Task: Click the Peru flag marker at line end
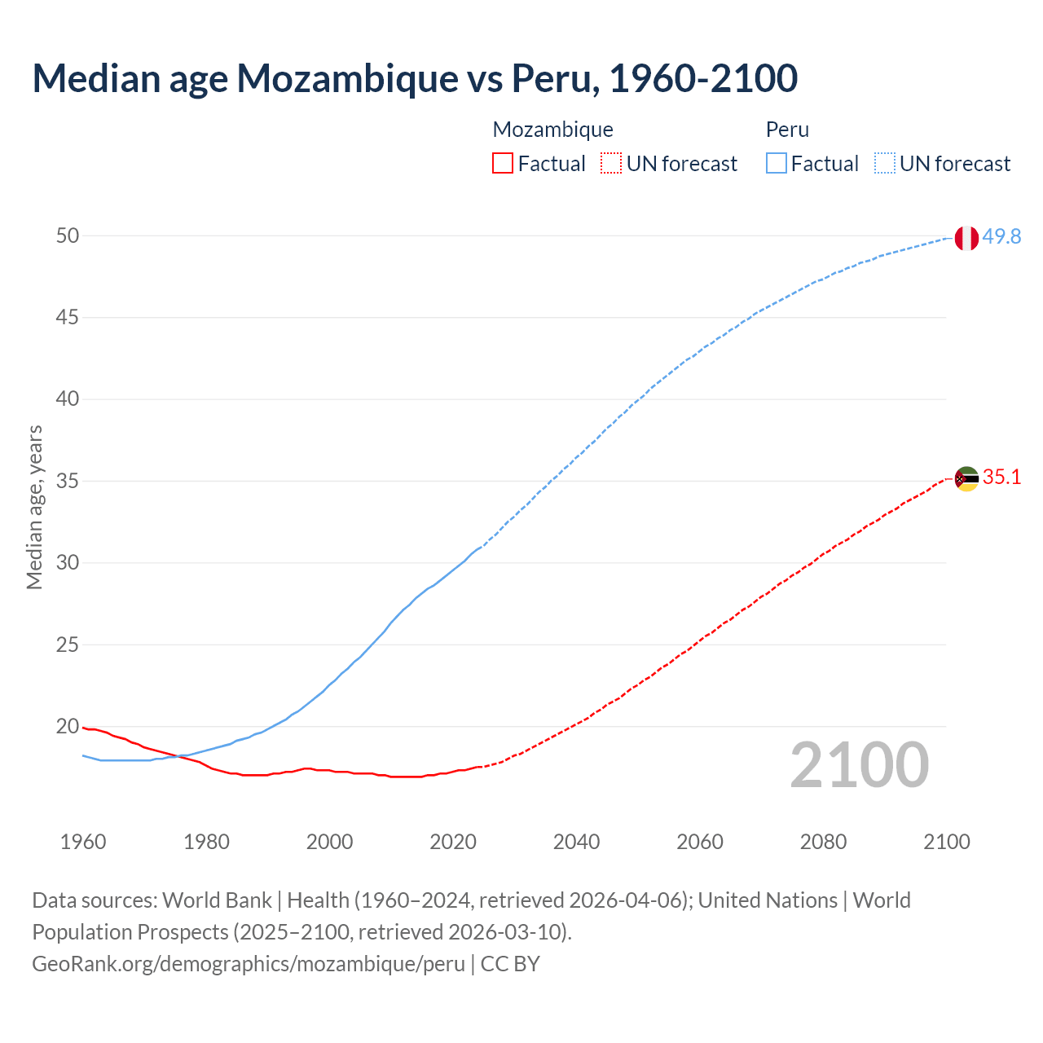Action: click(966, 238)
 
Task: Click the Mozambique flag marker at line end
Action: click(966, 479)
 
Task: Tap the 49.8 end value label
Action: click(1001, 236)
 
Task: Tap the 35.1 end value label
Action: click(1001, 477)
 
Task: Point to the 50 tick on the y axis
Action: click(68, 235)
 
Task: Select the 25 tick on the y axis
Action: click(68, 645)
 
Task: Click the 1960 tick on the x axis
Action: click(83, 842)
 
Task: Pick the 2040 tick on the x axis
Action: click(576, 842)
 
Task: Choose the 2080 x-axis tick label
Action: click(823, 842)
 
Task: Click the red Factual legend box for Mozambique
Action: click(503, 164)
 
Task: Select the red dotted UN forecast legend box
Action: click(611, 164)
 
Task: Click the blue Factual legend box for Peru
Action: click(777, 164)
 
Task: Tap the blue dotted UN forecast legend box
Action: click(885, 164)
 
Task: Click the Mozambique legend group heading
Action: click(552, 130)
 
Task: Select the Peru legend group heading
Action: click(787, 130)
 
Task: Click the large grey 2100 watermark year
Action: click(859, 765)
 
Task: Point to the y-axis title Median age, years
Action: click(34, 507)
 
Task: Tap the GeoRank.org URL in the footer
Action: click(249, 963)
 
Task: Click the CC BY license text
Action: click(510, 963)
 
